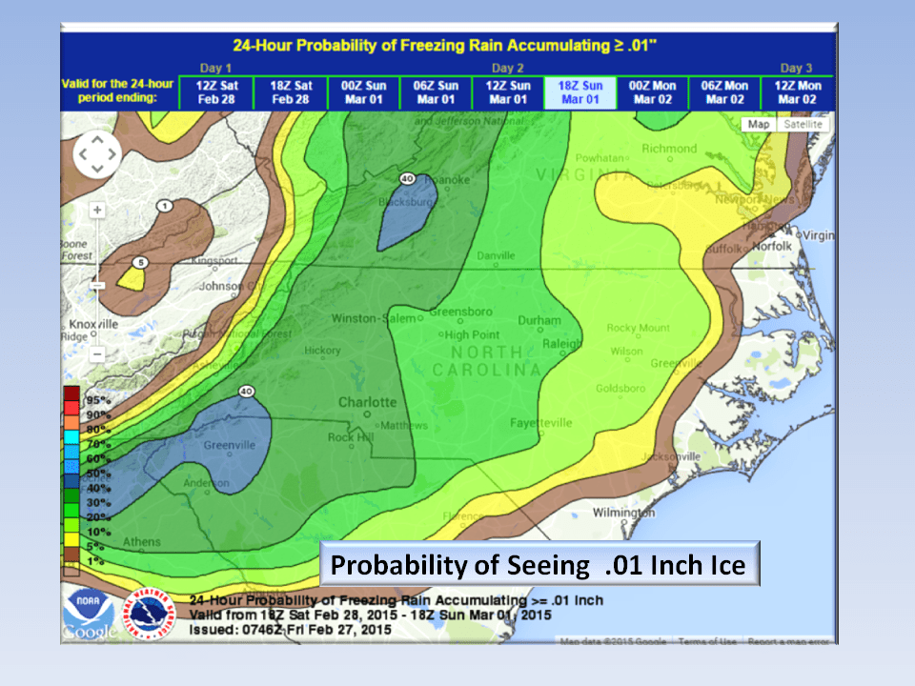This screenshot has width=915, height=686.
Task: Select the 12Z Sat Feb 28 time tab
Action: [x=216, y=92]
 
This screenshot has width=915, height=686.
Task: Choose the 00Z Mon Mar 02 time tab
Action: [x=653, y=92]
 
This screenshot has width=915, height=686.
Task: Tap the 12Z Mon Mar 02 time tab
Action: [x=799, y=92]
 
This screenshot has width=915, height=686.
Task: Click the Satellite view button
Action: [x=803, y=125]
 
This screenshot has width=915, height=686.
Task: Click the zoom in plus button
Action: [x=97, y=209]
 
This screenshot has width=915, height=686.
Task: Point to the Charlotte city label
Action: [x=367, y=402]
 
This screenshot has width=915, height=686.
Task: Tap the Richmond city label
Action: [x=669, y=149]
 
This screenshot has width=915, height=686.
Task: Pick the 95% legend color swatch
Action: [x=71, y=393]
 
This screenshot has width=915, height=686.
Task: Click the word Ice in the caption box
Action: [x=724, y=565]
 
